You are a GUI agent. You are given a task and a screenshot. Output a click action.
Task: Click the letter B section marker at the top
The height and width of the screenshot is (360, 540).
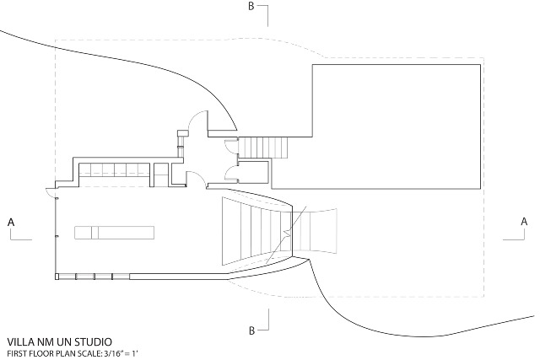point(251,7)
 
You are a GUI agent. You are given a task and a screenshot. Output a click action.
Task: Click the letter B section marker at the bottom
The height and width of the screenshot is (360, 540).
point(251,330)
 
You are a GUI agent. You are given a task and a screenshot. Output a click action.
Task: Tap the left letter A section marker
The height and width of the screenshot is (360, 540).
point(11,223)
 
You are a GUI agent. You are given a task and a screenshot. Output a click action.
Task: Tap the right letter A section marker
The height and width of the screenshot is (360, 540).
point(524,222)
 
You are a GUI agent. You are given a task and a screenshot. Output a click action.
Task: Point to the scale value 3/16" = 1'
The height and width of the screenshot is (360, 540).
point(122,353)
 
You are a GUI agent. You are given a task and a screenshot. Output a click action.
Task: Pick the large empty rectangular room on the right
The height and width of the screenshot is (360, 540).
point(396,126)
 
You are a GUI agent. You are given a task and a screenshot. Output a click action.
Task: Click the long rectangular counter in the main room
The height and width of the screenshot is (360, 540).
point(115,233)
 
